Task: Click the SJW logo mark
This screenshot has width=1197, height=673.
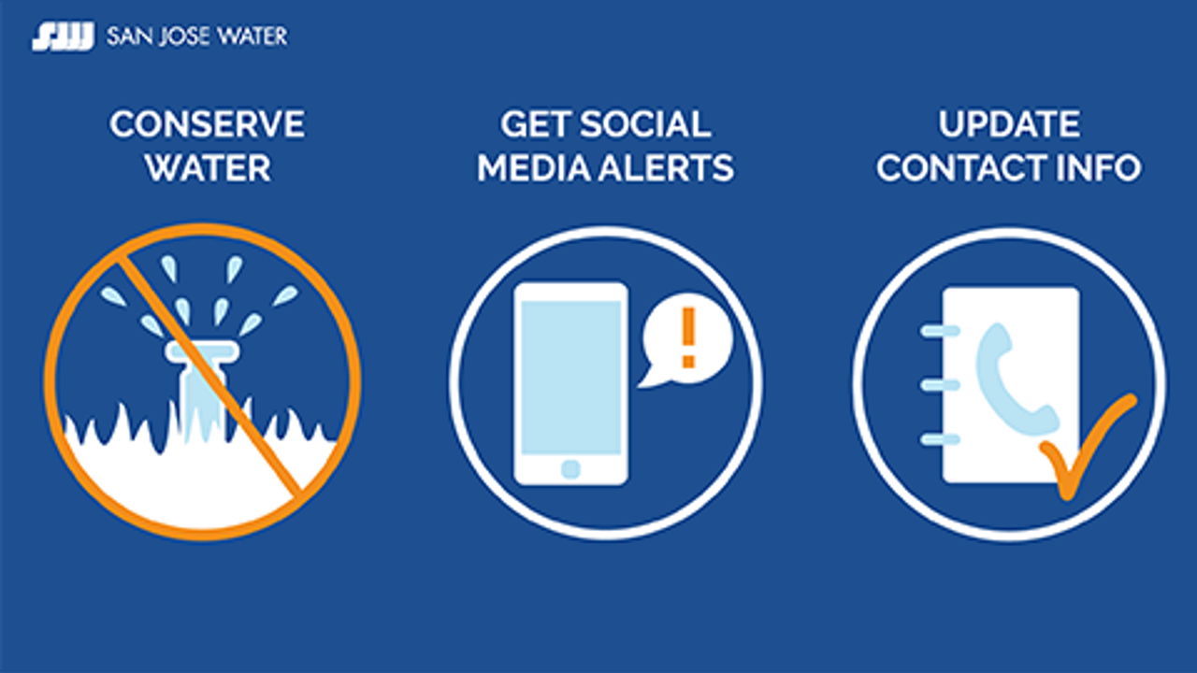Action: tap(63, 37)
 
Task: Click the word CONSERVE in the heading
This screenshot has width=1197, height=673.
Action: tap(207, 125)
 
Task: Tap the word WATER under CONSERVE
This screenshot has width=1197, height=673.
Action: tap(208, 169)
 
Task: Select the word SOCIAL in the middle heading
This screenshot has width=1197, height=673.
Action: tap(645, 125)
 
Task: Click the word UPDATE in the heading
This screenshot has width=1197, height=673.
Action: tap(1009, 125)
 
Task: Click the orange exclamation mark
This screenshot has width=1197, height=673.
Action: tap(689, 337)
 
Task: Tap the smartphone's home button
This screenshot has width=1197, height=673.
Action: tap(570, 468)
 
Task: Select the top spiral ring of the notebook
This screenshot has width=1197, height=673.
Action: tap(939, 330)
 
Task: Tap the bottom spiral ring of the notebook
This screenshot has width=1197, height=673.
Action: tap(939, 438)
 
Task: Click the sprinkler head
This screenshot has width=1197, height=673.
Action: tap(200, 352)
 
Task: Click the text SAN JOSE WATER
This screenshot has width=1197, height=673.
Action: tap(197, 37)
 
